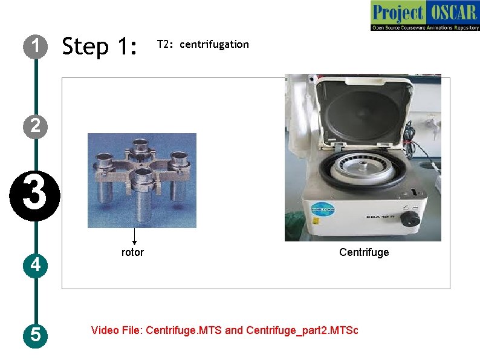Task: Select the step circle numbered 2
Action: tap(36, 126)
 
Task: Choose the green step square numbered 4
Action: tap(36, 265)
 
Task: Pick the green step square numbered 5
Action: tap(36, 334)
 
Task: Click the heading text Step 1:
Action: tap(100, 46)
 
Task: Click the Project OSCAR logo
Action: tap(424, 16)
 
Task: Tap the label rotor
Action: tap(132, 252)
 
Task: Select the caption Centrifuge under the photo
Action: tap(364, 252)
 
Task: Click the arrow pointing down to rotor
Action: tap(134, 237)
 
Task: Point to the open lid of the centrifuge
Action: tap(363, 112)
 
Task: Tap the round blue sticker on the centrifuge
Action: tap(320, 208)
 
